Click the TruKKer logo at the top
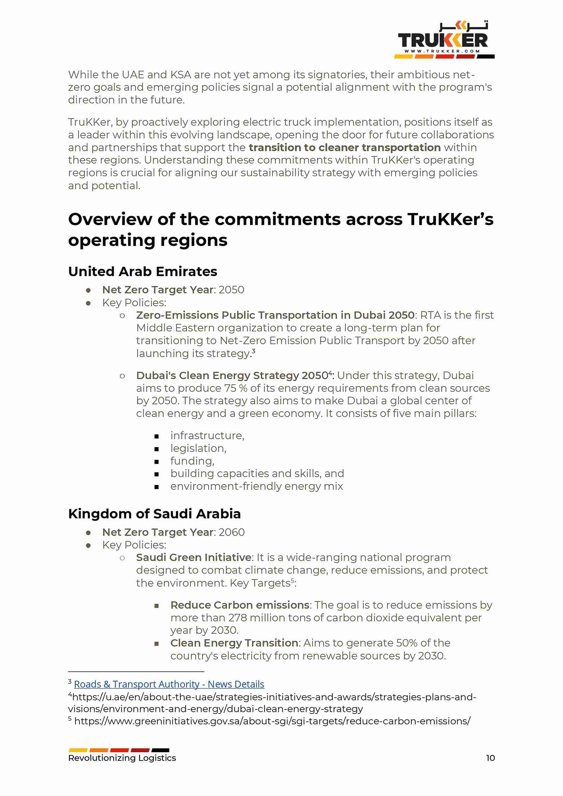(x=444, y=40)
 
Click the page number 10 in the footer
(x=490, y=758)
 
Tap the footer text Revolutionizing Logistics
(x=122, y=758)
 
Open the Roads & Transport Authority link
(x=169, y=684)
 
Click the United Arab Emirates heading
(x=142, y=272)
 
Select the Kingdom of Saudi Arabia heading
(x=154, y=514)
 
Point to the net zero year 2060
(x=231, y=532)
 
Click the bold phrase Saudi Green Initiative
(x=193, y=558)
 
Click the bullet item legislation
(x=198, y=448)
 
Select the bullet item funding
(x=192, y=461)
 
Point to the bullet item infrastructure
(x=207, y=435)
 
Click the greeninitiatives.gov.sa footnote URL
(x=272, y=721)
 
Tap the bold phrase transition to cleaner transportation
(x=345, y=147)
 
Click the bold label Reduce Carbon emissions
(x=240, y=605)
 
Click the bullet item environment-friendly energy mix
(x=256, y=486)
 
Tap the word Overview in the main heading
(x=110, y=219)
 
